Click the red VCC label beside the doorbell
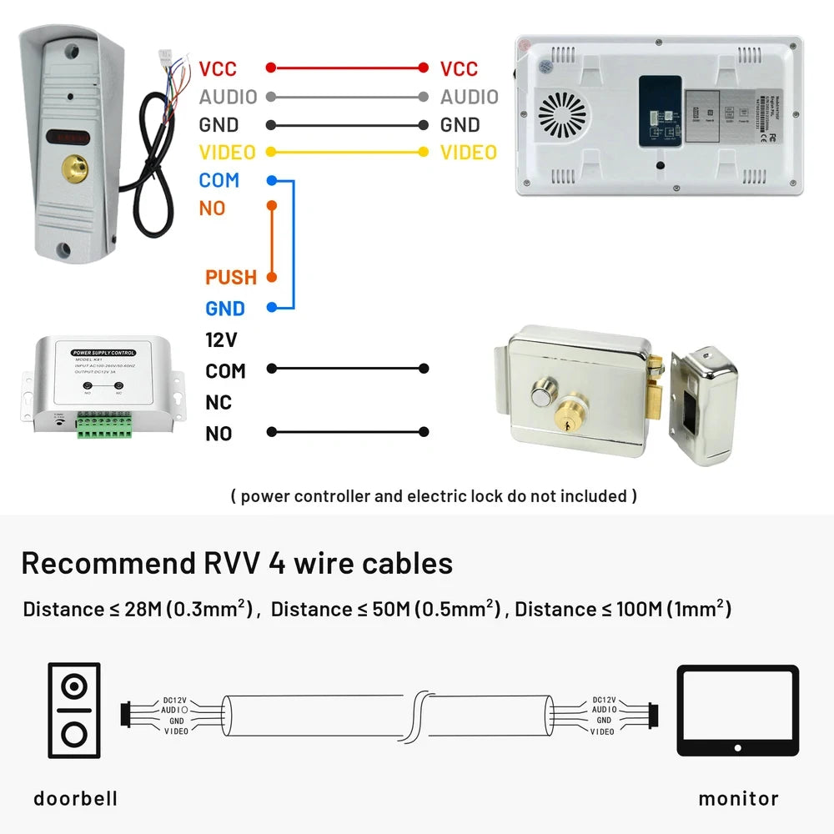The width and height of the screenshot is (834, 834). point(218,68)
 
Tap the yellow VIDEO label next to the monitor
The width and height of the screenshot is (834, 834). point(468,152)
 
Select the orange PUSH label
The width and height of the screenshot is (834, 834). point(231,277)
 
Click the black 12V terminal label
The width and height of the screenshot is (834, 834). point(221,339)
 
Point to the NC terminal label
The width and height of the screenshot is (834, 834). point(219,402)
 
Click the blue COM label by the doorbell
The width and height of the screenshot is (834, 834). point(219,180)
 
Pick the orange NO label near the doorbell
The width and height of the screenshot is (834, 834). point(212,208)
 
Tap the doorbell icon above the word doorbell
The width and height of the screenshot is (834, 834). point(74,711)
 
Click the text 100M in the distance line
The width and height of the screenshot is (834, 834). point(637,609)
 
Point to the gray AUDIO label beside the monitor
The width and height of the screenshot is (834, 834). point(469,97)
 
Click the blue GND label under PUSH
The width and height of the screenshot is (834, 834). point(225,309)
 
